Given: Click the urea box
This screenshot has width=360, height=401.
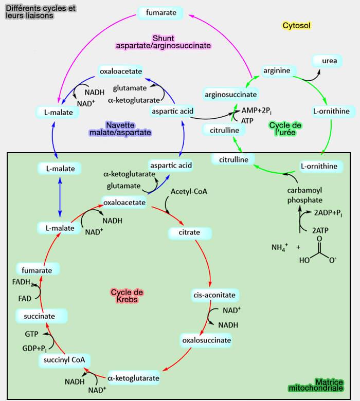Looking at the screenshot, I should coord(329,61).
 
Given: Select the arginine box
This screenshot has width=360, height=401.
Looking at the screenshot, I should coord(276,70).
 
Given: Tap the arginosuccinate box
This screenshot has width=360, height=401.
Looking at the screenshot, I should coord(230,95).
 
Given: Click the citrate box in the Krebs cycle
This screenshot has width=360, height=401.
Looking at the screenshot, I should coord(189,232).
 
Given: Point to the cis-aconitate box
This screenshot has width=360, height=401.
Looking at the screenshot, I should coord(214,295).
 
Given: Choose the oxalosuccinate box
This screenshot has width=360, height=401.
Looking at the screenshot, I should coord(206,340).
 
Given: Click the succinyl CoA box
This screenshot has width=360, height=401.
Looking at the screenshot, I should coord(64,360).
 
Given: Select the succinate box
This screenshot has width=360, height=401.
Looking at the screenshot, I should coord(42,316).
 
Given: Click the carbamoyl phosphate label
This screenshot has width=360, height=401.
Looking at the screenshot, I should coord(304,195).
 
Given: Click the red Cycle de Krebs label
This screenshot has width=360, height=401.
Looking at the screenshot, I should coord(127,296).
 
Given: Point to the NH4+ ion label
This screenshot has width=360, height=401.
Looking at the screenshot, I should coord(279,247).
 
